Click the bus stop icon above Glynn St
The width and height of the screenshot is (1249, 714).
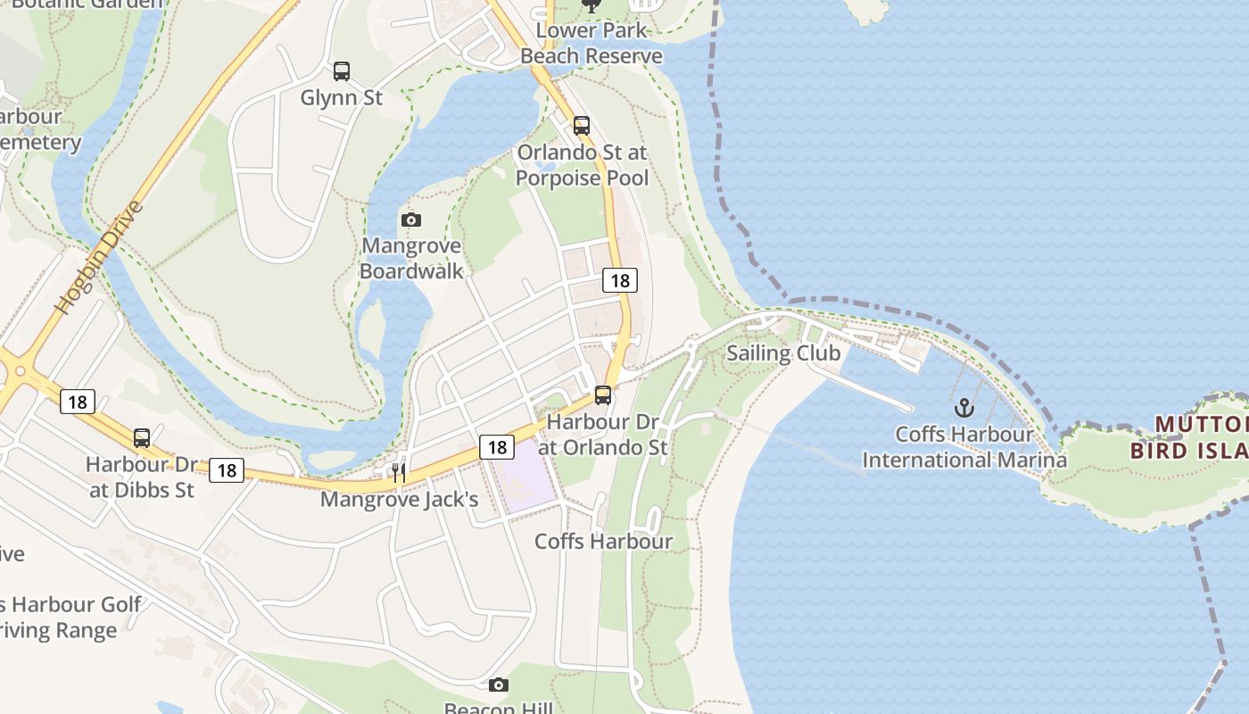(x=341, y=71)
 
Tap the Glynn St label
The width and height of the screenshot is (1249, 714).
(x=341, y=97)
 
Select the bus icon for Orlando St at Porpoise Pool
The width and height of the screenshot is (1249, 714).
(x=582, y=126)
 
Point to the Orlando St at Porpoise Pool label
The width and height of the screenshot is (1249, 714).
(x=582, y=165)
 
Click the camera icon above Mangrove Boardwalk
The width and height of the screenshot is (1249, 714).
(x=411, y=220)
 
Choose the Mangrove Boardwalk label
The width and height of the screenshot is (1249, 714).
(x=411, y=258)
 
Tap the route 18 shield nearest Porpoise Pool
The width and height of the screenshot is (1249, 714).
(x=620, y=280)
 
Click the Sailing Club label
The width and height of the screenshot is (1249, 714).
(x=783, y=353)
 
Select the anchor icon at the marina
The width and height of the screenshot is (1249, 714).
(x=964, y=409)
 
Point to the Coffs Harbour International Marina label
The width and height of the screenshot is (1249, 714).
(x=964, y=447)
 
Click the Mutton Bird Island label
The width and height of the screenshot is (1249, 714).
(x=1190, y=436)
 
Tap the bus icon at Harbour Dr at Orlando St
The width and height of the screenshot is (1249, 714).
(x=603, y=394)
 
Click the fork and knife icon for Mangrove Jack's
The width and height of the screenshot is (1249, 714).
(x=399, y=472)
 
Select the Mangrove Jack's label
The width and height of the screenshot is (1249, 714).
(x=399, y=499)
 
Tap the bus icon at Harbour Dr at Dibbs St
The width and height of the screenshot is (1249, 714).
(x=142, y=438)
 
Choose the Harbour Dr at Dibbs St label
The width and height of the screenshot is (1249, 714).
(x=142, y=477)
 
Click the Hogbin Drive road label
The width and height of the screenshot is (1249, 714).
(x=99, y=258)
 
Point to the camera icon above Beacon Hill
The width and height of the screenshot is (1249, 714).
(x=499, y=685)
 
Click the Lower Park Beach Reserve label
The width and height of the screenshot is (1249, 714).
(x=591, y=43)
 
